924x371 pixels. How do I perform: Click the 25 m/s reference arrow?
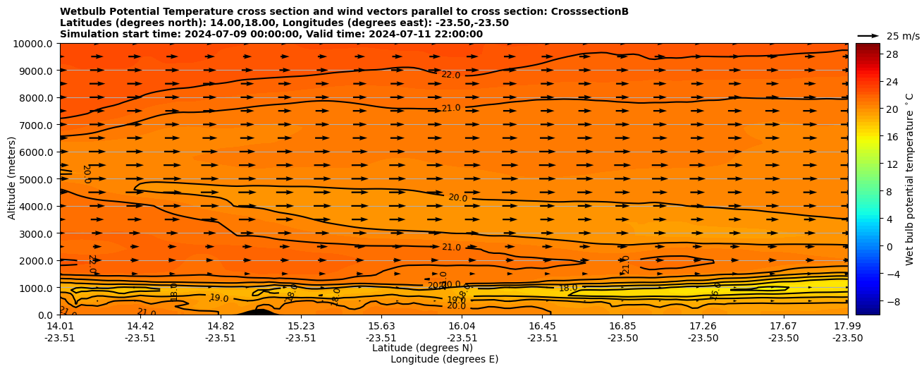pos(868,36)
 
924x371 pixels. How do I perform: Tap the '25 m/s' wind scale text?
pos(903,36)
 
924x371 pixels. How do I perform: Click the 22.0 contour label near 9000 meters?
pos(451,75)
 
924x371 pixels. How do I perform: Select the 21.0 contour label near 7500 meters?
pos(451,108)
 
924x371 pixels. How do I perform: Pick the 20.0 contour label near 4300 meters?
pos(457,198)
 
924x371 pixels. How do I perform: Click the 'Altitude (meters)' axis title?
pos(13,179)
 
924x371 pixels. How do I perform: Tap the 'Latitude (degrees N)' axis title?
pos(422,348)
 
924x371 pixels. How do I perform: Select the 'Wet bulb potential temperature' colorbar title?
pos(910,179)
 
